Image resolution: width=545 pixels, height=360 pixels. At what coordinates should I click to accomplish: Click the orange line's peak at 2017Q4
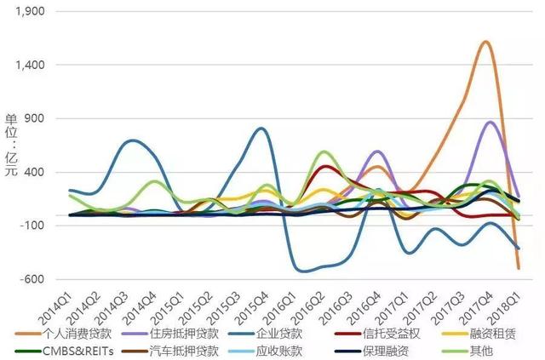[x=485, y=41]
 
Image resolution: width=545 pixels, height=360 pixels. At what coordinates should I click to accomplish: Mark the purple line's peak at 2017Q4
[x=490, y=122]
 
